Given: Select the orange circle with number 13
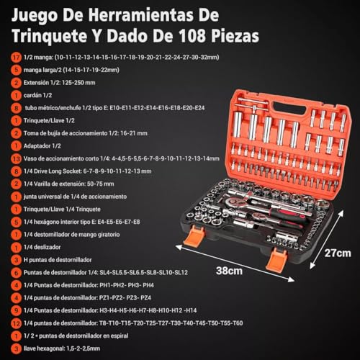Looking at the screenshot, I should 15,158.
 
